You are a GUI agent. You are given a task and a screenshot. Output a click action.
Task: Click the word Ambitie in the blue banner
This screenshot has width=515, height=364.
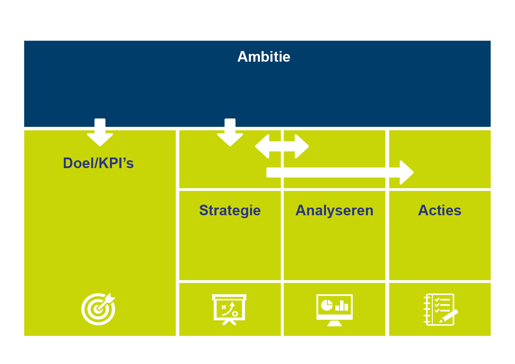[263, 57]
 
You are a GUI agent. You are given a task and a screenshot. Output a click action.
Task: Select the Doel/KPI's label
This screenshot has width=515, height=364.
[98, 163]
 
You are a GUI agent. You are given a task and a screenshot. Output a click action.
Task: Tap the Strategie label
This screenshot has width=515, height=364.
[230, 210]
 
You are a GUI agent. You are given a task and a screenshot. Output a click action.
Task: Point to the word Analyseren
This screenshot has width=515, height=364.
[334, 210]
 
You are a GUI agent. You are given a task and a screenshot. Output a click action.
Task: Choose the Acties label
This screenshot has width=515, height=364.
[440, 210]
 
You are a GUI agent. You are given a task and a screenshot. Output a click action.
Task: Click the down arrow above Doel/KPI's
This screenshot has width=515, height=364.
[100, 133]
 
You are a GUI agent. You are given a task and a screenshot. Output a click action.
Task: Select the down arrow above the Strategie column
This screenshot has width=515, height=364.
[230, 133]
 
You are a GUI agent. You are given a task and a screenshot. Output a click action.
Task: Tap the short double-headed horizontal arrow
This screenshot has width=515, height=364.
[282, 146]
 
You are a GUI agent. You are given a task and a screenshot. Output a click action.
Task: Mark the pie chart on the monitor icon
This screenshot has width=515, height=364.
[327, 305]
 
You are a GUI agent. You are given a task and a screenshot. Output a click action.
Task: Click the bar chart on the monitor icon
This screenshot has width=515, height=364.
[342, 306]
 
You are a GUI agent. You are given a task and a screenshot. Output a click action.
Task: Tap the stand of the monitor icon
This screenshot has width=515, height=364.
[334, 323]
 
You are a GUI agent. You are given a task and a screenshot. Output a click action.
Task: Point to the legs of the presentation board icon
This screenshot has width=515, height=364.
[229, 322]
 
